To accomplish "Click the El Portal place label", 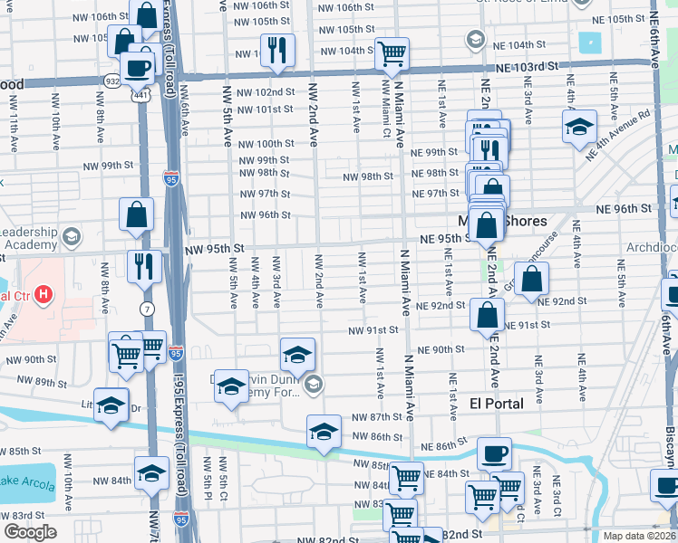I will coord(497,404).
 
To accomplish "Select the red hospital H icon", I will coord(43,295).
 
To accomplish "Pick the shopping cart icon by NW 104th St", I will coord(392,52).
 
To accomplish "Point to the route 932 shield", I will coord(111,81).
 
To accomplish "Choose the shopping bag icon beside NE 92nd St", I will coord(531,277).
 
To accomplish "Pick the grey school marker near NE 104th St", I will coord(474,40).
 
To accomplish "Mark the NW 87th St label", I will coord(376,416).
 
